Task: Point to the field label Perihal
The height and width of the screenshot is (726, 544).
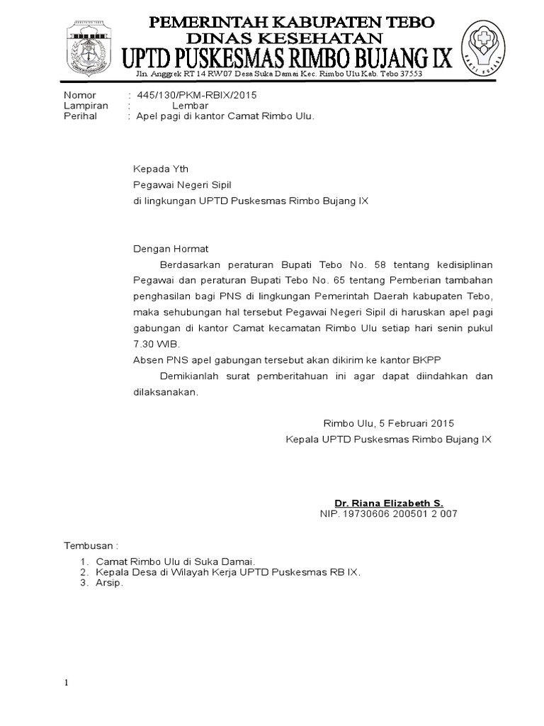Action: (x=81, y=116)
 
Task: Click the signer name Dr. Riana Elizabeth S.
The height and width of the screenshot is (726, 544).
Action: (x=389, y=503)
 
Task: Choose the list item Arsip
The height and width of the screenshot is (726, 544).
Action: (x=109, y=583)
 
